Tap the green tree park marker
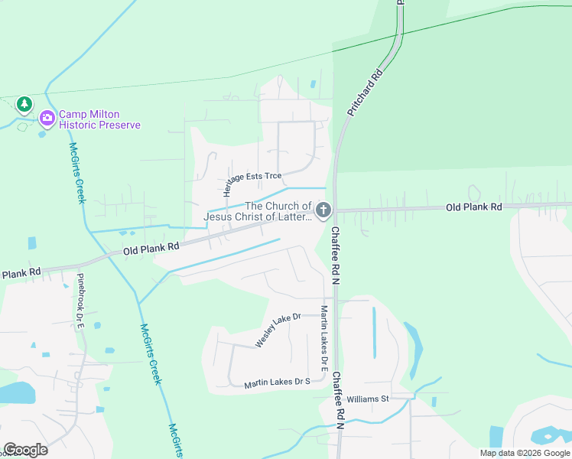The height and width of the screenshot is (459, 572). pos(24,103)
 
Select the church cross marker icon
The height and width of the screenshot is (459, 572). pos(323,210)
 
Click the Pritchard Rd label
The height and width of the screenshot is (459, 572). pos(364,94)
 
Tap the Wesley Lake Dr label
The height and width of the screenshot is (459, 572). pos(278,330)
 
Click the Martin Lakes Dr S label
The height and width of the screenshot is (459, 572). pos(277,382)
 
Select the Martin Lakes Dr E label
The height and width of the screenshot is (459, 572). pos(324,334)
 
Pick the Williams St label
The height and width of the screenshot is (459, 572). pos(368,399)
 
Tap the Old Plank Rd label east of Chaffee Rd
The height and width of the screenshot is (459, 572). pos(473,207)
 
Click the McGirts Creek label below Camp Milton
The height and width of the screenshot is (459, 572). pos(77,174)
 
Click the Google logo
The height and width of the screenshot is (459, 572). pos(25,450)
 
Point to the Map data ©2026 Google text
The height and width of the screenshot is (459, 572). pos(525,453)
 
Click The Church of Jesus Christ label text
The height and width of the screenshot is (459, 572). pos(258,211)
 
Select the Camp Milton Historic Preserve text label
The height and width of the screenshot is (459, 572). pos(100,119)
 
